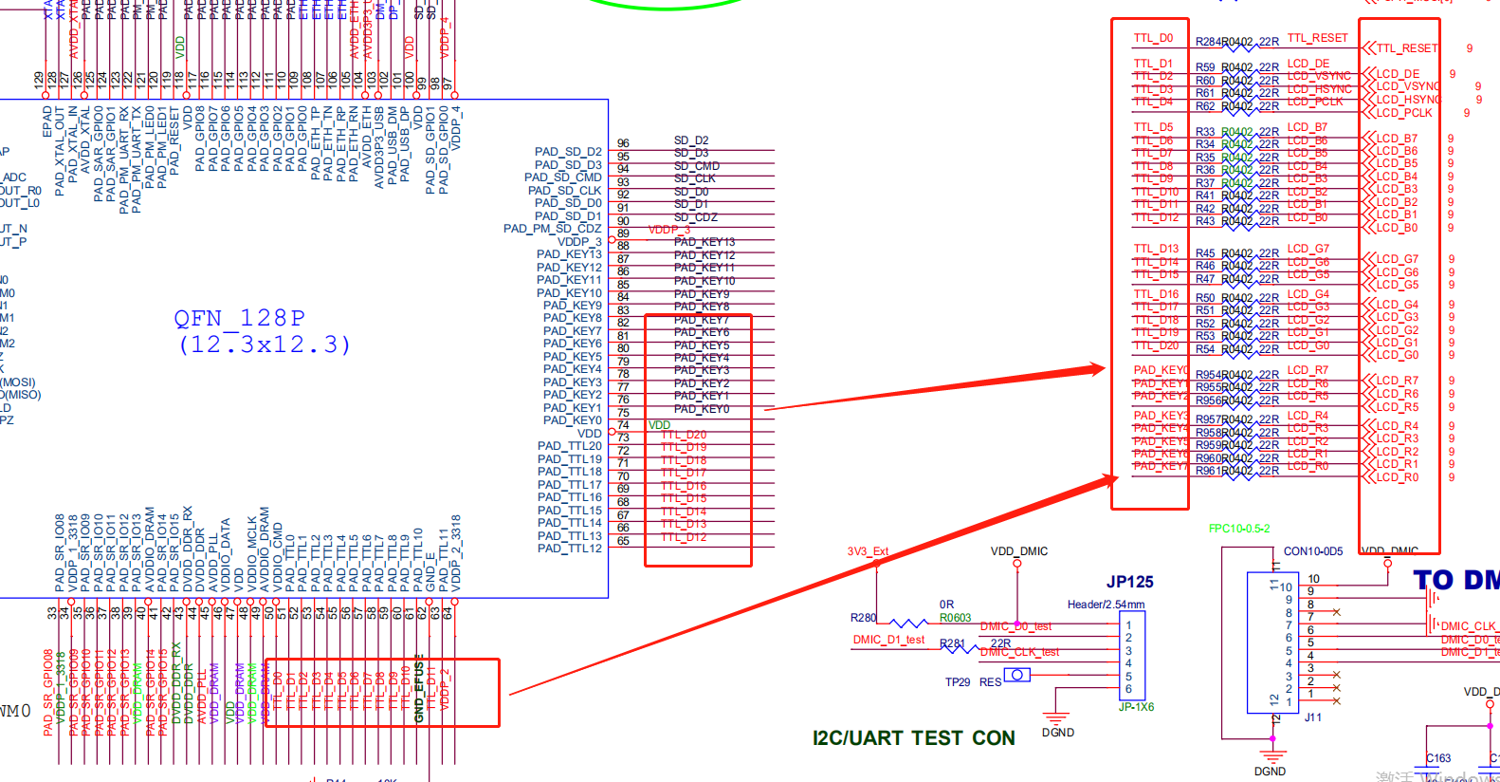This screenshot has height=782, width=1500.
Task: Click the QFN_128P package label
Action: (240, 318)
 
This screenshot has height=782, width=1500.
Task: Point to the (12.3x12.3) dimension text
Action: (265, 344)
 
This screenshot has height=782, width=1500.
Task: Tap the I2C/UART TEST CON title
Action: (913, 738)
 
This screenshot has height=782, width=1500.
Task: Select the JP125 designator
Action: (1129, 582)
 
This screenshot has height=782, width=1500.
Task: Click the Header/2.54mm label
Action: (1106, 605)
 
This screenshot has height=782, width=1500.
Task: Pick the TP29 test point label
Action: (957, 682)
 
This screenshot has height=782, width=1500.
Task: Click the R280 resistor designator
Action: (863, 618)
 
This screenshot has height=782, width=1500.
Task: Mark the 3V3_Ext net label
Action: (868, 551)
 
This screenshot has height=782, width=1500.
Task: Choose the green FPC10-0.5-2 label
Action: (1239, 529)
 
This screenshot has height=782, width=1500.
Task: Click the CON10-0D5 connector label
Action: (1312, 551)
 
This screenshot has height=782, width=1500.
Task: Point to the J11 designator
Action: (1312, 717)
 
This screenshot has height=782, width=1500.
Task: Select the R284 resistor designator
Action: (1208, 42)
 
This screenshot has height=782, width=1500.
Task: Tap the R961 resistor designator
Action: (1208, 471)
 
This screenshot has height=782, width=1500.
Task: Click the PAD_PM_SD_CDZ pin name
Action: (552, 229)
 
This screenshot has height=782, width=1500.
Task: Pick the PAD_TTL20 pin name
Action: (569, 446)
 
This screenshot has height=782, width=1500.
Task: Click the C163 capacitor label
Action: (1438, 758)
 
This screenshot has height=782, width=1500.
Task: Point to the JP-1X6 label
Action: (1136, 707)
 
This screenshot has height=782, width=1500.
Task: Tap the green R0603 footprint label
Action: (955, 618)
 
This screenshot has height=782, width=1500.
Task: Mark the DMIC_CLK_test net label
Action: (1019, 652)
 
